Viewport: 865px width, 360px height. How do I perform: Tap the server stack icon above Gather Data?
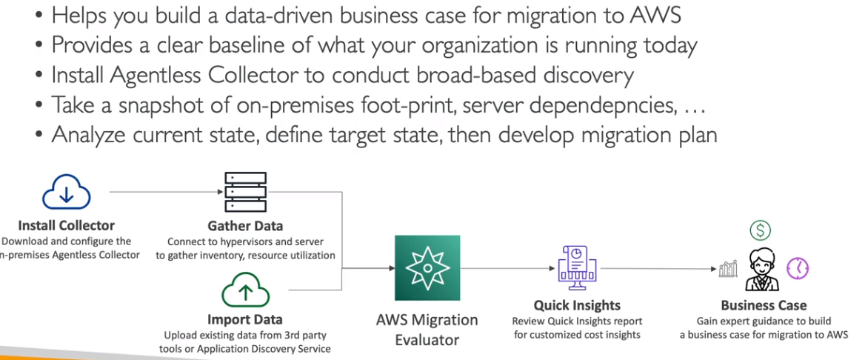click(245, 193)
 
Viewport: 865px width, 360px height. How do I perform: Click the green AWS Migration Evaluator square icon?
click(427, 268)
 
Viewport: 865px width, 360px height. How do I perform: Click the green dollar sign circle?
click(760, 230)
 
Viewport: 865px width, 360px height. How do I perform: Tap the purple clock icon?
click(797, 267)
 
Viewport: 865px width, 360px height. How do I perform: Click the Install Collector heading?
click(67, 226)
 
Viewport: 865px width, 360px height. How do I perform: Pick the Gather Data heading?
click(245, 226)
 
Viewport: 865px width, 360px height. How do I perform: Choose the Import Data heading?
click(245, 320)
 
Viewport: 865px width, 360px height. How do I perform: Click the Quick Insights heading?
click(577, 305)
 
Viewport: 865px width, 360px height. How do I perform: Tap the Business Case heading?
click(764, 305)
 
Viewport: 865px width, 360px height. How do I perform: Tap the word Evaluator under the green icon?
click(427, 340)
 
